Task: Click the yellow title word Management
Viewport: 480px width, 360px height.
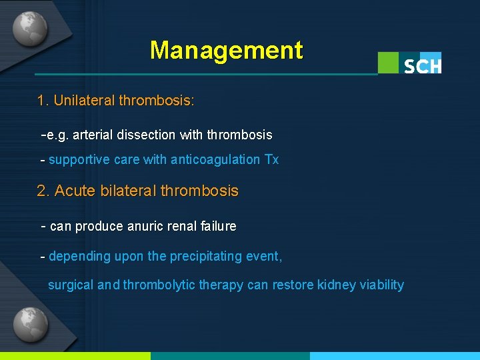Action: (226, 50)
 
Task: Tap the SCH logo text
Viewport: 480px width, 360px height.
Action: (422, 65)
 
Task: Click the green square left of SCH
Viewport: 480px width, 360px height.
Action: (389, 63)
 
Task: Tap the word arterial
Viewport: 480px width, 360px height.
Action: (93, 135)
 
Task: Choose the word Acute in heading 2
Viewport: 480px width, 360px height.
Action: (75, 191)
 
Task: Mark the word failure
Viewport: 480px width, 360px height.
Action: (217, 226)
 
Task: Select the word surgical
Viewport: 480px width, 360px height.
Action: (71, 285)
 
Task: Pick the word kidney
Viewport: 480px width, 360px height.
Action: (337, 285)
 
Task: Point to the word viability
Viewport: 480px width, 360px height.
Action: (382, 285)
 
